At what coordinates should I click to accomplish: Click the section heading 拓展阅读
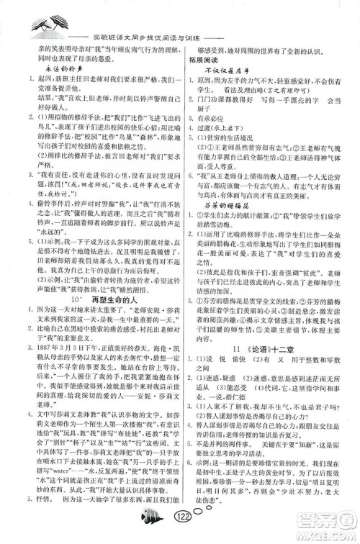(x=202, y=62)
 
